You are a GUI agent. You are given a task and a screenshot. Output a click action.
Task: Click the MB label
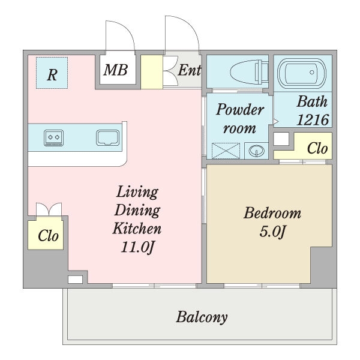(115, 70)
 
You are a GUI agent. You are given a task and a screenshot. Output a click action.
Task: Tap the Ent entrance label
(190, 70)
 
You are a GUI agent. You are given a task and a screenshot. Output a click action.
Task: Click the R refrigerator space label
(52, 75)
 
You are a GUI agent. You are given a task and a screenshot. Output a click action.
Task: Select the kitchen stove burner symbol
(54, 138)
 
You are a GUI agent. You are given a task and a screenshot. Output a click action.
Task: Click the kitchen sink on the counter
(107, 138)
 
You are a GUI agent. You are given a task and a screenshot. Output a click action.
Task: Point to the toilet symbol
(250, 72)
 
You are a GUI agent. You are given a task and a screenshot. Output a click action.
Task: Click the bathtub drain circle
(312, 73)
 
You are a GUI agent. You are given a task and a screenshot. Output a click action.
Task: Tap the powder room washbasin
(256, 151)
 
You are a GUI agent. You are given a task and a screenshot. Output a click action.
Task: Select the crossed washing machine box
(226, 151)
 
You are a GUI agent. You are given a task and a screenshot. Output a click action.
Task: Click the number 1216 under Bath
(313, 119)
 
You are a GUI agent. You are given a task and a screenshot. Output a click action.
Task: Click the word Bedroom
(272, 213)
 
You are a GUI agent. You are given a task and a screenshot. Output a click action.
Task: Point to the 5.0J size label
(272, 232)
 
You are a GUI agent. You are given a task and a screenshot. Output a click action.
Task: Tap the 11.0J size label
(137, 247)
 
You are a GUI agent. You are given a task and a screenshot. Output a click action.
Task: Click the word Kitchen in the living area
(137, 229)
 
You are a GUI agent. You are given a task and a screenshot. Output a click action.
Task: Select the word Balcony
(202, 317)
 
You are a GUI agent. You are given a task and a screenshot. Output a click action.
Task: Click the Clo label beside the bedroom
(317, 148)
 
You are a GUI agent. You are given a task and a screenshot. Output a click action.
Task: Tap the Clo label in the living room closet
(48, 236)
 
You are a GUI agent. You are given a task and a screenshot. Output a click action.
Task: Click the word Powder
(240, 110)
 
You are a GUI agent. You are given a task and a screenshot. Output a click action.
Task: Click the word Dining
(137, 210)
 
